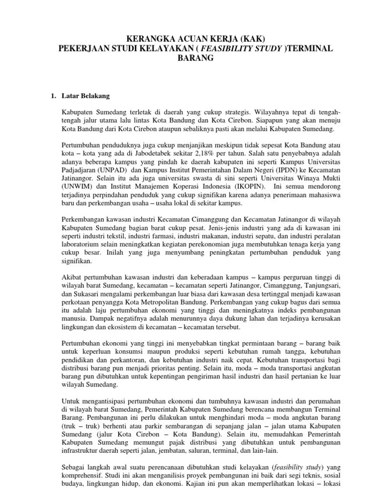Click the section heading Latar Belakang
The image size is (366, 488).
point(86,96)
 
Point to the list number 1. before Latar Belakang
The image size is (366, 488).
point(53,96)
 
